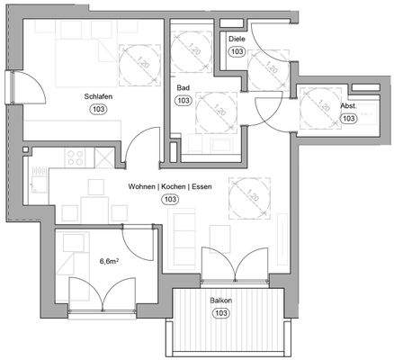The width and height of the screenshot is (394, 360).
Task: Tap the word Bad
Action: [x=183, y=87]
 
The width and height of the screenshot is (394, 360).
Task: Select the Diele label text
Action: [x=237, y=40]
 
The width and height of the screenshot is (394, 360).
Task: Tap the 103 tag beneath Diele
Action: [x=237, y=52]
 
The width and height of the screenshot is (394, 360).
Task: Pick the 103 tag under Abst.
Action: [x=349, y=118]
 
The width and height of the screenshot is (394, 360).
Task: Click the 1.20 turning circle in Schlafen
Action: [x=131, y=65]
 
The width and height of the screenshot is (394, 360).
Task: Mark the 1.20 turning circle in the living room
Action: [x=249, y=198]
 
